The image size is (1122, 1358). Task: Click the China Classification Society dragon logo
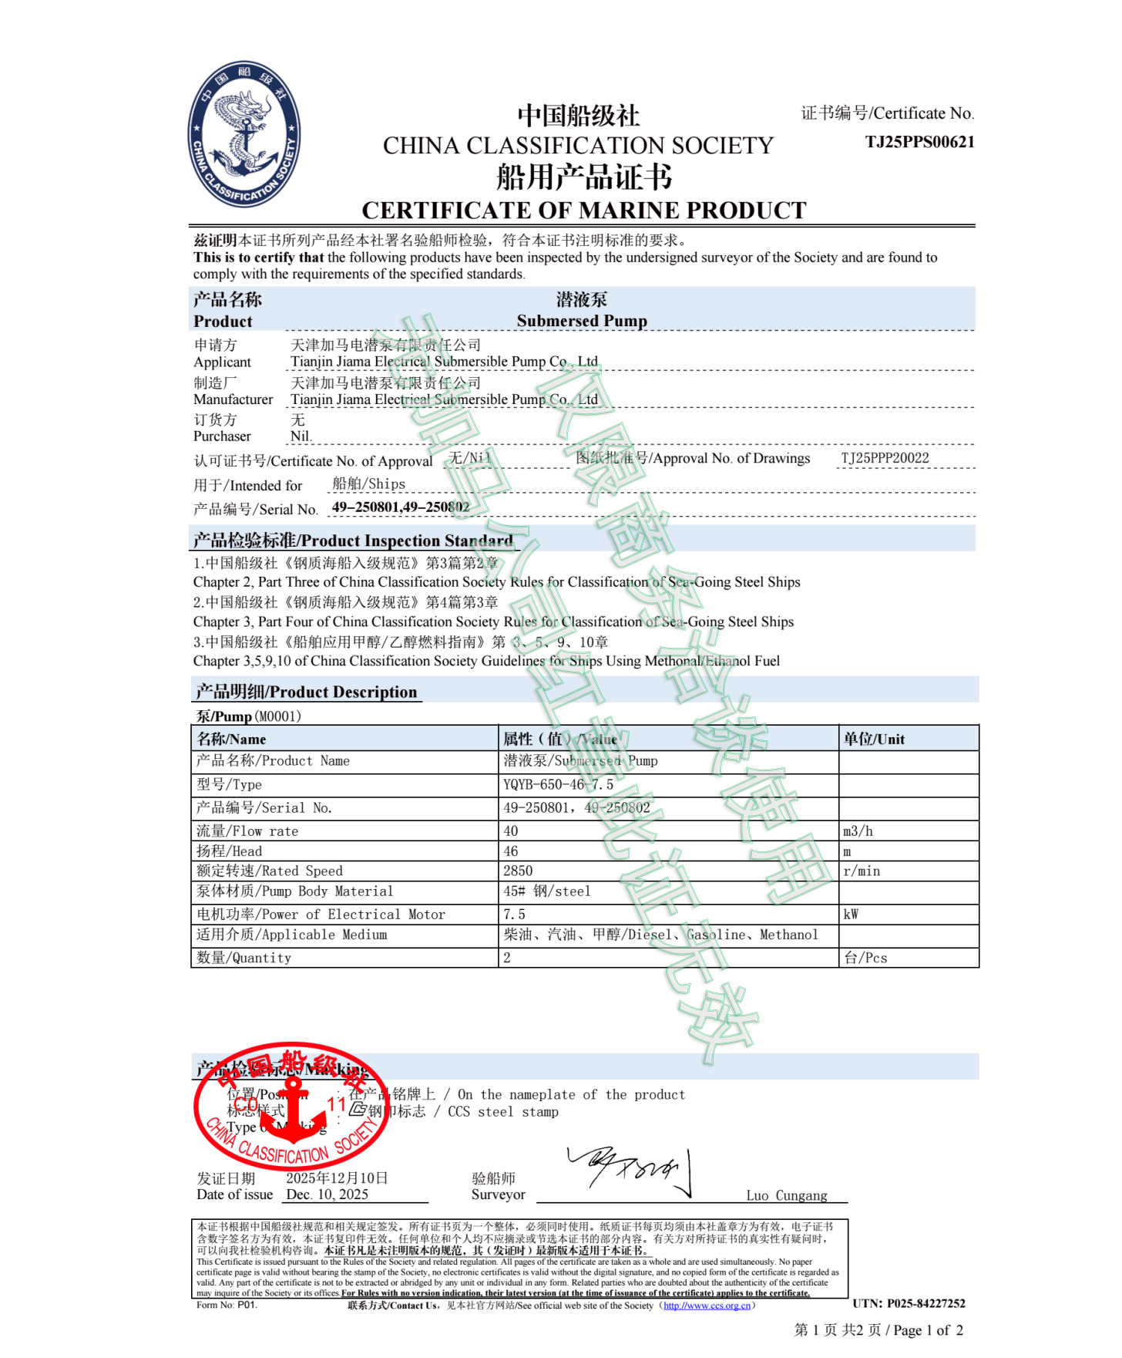point(244,134)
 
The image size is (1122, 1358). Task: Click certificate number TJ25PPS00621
point(919,142)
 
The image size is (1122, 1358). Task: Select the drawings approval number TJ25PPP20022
point(885,458)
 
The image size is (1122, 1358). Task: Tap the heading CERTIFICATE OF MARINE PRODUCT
point(583,210)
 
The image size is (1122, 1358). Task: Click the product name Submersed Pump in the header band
point(582,321)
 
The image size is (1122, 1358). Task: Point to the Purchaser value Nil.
point(301,436)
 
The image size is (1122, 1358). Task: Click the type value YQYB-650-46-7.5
point(558,784)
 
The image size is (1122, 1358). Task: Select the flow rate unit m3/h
point(858,831)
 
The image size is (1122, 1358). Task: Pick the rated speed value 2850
point(518,871)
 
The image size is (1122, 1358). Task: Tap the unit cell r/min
point(862,871)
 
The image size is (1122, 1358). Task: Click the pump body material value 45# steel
point(547,891)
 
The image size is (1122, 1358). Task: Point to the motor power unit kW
point(851,915)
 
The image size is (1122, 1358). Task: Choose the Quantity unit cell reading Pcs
point(865,958)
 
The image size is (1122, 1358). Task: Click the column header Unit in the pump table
point(874,739)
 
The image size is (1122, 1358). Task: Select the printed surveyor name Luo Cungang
point(786,1195)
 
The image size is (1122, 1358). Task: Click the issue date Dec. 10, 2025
point(328,1195)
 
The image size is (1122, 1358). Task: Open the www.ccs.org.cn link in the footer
point(707,1306)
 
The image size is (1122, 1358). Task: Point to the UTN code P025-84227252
point(909,1303)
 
